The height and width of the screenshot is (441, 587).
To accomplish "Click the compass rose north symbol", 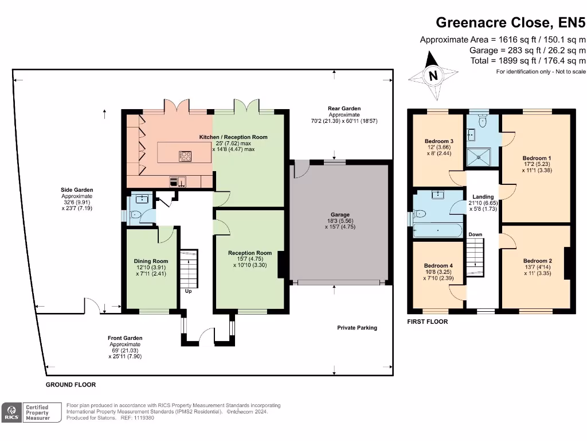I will click(x=433, y=75).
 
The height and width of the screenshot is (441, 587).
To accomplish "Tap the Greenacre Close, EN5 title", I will click(x=511, y=22).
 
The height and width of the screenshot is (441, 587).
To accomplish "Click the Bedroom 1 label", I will click(x=537, y=158).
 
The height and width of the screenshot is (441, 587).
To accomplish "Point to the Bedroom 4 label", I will click(x=438, y=266).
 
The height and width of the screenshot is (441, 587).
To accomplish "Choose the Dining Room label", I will click(x=151, y=261).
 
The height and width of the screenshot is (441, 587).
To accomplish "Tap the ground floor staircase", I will click(x=189, y=268).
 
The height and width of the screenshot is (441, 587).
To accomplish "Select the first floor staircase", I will click(x=475, y=257).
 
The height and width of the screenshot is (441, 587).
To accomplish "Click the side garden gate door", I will click(x=92, y=307).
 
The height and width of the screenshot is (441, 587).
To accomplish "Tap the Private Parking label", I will click(x=357, y=328).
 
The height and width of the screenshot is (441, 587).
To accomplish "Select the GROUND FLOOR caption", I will click(x=71, y=385).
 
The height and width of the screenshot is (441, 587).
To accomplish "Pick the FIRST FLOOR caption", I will click(x=427, y=322).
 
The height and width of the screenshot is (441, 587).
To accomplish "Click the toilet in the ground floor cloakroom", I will click(x=135, y=216).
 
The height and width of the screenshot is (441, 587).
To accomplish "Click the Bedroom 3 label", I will click(x=439, y=141).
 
